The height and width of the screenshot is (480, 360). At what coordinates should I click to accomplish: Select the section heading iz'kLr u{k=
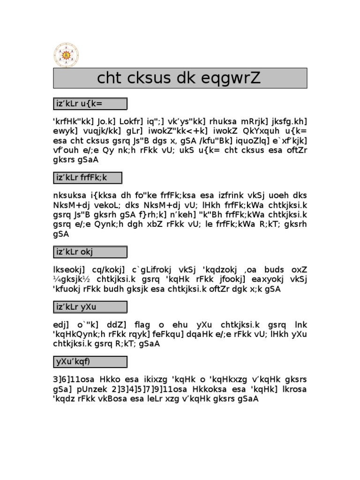point(90,104)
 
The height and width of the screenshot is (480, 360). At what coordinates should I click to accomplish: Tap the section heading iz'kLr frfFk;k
point(87,178)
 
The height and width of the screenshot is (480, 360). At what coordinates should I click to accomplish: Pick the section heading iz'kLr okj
point(90,252)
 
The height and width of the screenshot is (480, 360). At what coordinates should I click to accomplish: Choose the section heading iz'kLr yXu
point(90,307)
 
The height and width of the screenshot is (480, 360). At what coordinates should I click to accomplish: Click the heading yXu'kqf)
point(90,362)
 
